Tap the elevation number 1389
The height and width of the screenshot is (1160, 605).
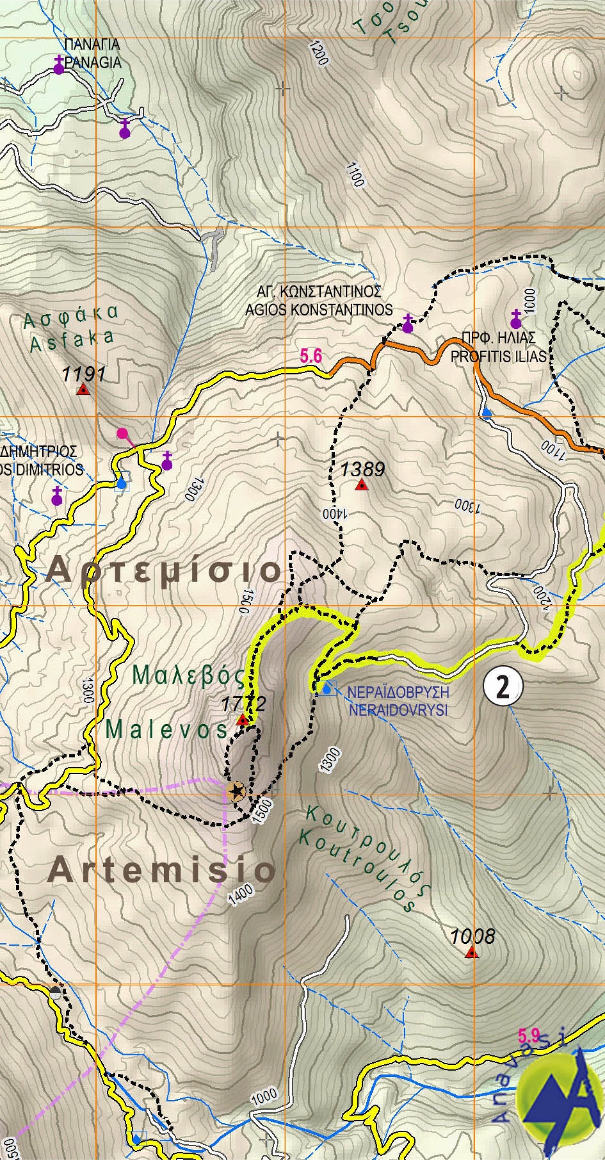pos(362,470)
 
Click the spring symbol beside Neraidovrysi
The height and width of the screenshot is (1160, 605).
pos(327,688)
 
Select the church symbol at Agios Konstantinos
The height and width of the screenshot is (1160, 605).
pos(407,324)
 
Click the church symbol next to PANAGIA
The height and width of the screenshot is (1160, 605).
pos(58,66)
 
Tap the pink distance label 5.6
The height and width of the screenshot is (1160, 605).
pos(311,357)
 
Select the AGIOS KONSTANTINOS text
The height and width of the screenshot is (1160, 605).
pos(319,310)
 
